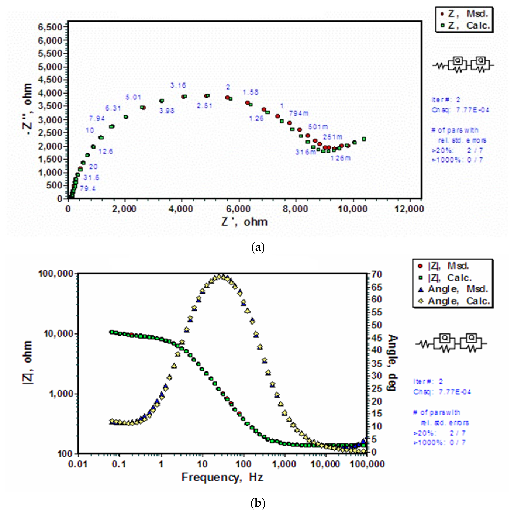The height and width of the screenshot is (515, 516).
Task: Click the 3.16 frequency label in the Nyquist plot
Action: pyautogui.click(x=178, y=86)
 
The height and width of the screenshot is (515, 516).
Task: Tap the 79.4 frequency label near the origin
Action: pyautogui.click(x=88, y=189)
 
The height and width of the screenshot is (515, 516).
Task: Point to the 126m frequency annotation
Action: pyautogui.click(x=341, y=158)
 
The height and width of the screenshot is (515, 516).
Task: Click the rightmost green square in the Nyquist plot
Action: pyautogui.click(x=364, y=139)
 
